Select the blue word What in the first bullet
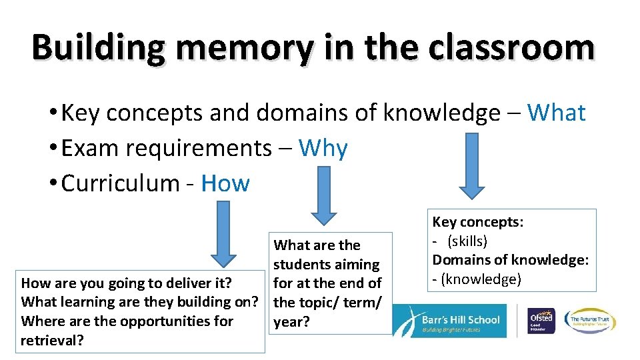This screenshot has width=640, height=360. point(556,113)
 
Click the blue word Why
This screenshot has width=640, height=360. point(323,149)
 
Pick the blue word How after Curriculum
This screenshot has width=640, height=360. point(225,183)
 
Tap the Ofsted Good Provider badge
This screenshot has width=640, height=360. point(540,320)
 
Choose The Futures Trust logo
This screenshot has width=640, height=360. point(590,320)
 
